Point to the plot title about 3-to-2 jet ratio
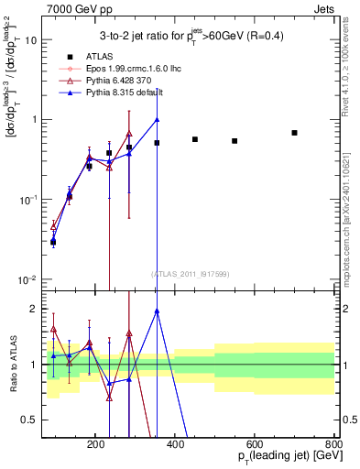point(191,35)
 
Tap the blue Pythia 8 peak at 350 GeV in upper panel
point(157,119)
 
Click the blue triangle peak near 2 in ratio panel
point(157,311)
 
